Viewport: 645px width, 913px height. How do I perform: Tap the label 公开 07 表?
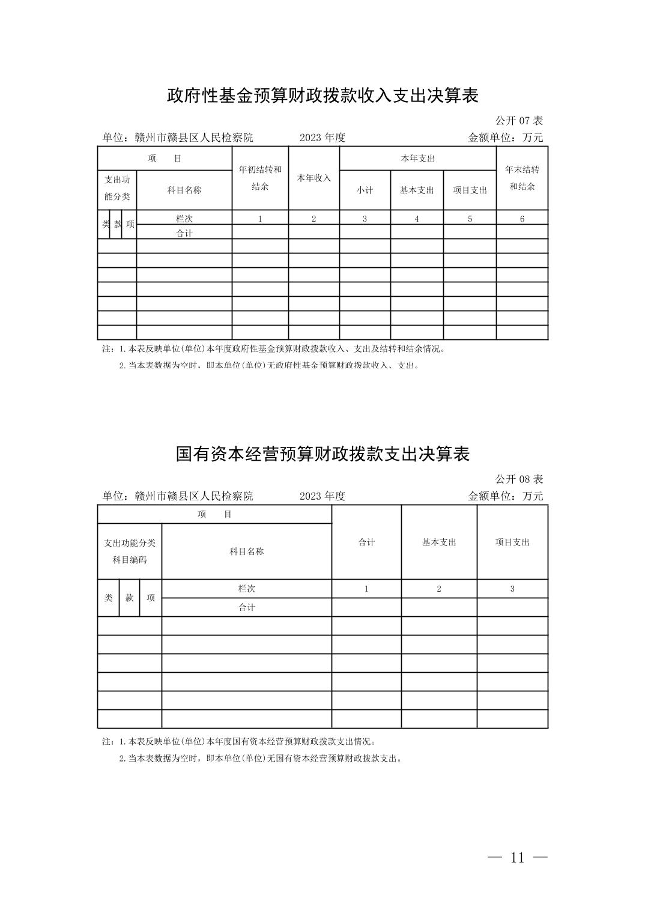pos(519,121)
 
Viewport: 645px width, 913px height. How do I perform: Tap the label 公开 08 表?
pos(519,479)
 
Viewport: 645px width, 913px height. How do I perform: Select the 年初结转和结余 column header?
pos(260,178)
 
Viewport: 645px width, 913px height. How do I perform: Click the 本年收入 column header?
pos(313,178)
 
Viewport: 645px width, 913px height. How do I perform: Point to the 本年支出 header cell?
pos(417,159)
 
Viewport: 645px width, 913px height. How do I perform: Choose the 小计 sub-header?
pos(365,190)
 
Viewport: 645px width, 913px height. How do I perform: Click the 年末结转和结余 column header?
pos(522,178)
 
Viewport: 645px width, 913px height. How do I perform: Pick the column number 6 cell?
pos(522,219)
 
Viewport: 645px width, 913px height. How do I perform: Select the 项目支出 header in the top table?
pos(470,190)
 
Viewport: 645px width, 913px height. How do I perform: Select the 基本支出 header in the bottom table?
pos(439,542)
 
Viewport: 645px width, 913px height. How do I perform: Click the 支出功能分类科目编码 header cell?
pos(130,551)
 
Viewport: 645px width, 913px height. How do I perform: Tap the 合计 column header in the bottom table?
pos(366,542)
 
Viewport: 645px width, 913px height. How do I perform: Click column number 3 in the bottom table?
pos(512,589)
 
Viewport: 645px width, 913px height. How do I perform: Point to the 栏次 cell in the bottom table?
pos(246,589)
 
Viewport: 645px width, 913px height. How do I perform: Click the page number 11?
pos(517,858)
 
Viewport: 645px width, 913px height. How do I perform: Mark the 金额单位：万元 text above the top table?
pos(505,138)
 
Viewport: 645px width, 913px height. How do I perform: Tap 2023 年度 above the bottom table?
pos(322,496)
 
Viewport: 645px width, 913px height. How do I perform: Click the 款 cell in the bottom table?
pos(129,598)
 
